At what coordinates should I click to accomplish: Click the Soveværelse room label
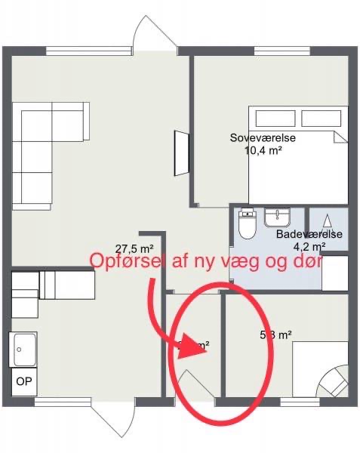pyautogui.click(x=262, y=138)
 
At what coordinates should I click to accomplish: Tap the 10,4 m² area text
pyautogui.click(x=263, y=150)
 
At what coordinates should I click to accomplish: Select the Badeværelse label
pyautogui.click(x=309, y=235)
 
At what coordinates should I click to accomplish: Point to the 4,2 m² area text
pyautogui.click(x=309, y=246)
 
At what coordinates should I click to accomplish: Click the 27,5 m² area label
pyautogui.click(x=134, y=248)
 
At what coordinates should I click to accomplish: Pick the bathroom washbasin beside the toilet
pyautogui.click(x=277, y=218)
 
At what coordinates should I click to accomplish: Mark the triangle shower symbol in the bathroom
pyautogui.click(x=328, y=220)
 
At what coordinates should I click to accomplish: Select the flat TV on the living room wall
pyautogui.click(x=181, y=153)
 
